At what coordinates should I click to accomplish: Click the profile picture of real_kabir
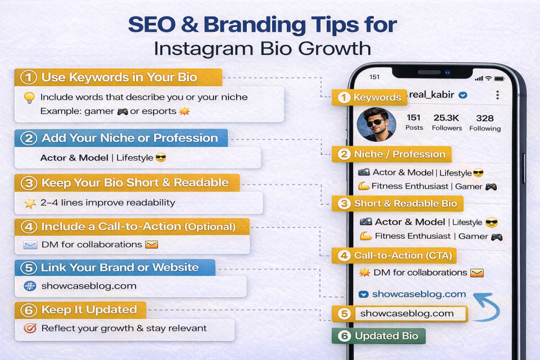pyautogui.click(x=376, y=125)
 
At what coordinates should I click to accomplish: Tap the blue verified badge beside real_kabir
pyautogui.click(x=462, y=95)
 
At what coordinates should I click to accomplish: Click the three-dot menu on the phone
pyautogui.click(x=497, y=95)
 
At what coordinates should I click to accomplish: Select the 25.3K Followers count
pyautogui.click(x=447, y=122)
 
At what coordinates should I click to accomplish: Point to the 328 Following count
pyautogui.click(x=485, y=122)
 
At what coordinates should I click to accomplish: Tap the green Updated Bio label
pyautogui.click(x=378, y=336)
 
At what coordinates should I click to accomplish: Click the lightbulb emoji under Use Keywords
pyautogui.click(x=29, y=98)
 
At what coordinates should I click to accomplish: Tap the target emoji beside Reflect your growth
pyautogui.click(x=30, y=328)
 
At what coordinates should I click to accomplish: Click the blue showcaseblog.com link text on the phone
pyautogui.click(x=419, y=294)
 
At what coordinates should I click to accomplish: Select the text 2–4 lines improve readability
pyautogui.click(x=108, y=202)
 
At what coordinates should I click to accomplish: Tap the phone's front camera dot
pyautogui.click(x=447, y=73)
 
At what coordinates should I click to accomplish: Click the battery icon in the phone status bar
pyautogui.click(x=498, y=78)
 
